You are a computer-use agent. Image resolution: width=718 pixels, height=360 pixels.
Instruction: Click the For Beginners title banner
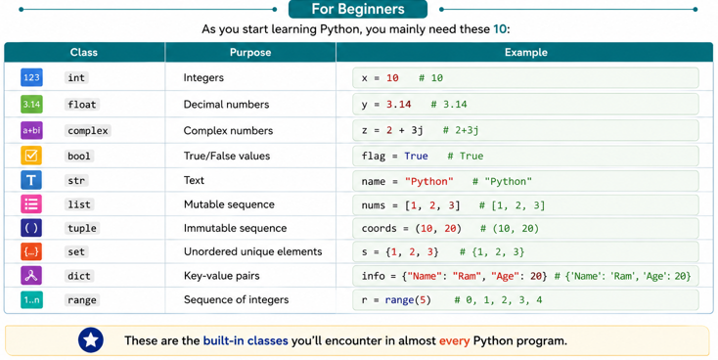(358, 9)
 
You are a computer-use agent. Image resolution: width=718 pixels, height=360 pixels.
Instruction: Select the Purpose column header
(250, 52)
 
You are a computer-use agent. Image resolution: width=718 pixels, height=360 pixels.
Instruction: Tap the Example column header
(525, 52)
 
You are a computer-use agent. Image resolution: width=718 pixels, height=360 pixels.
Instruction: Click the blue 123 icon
(31, 77)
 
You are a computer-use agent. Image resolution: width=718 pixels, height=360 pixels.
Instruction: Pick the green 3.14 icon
(31, 104)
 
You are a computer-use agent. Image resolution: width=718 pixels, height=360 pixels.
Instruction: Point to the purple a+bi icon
(31, 130)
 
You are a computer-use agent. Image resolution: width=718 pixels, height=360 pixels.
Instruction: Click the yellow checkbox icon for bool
(31, 156)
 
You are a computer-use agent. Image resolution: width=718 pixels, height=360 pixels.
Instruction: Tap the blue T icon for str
(31, 180)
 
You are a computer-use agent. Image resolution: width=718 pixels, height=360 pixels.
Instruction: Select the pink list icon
(31, 203)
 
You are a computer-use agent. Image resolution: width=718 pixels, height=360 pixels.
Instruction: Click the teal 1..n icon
(31, 300)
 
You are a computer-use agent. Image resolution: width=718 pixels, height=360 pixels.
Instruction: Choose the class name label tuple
(82, 228)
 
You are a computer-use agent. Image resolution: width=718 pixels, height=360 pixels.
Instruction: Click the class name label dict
(79, 276)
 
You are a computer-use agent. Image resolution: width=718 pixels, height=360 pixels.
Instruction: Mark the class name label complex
(88, 130)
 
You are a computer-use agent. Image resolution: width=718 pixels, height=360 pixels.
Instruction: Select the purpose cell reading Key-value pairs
(222, 276)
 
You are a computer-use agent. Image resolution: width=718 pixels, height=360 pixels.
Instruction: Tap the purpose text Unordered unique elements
(252, 251)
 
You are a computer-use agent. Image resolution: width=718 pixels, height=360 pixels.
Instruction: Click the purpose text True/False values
(227, 156)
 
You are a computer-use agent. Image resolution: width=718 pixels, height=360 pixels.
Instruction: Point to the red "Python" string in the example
(429, 181)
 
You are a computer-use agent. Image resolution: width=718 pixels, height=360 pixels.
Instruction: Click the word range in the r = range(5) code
(399, 300)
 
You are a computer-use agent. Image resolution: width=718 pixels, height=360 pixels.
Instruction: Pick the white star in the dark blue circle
(91, 339)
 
